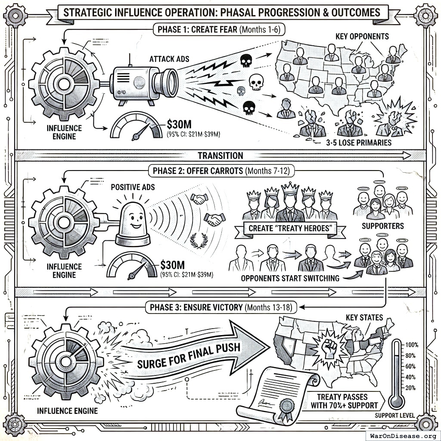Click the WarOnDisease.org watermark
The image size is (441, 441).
[x=402, y=435]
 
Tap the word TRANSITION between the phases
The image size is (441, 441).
[x=220, y=155]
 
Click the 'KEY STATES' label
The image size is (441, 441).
[x=364, y=317]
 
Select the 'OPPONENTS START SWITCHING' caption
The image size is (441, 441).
[x=290, y=278]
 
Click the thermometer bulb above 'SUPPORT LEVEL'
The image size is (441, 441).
[x=396, y=401]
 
